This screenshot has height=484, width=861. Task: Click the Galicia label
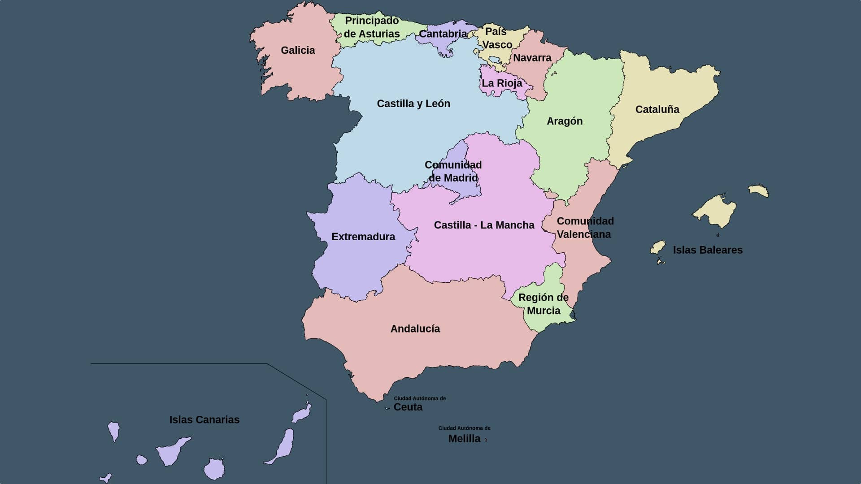[298, 50]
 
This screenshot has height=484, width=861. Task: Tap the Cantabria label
[443, 34]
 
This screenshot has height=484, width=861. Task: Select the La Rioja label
[502, 83]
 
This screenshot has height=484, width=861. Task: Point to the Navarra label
[532, 58]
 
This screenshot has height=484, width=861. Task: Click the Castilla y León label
[413, 104]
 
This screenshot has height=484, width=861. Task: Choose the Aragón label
[564, 121]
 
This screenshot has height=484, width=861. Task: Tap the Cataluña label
[657, 109]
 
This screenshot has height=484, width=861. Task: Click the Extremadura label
[363, 237]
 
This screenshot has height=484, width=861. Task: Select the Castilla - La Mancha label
[484, 225]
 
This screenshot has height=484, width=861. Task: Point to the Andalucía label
[415, 329]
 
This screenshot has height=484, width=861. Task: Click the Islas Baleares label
[708, 250]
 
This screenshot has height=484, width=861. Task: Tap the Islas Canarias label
[204, 420]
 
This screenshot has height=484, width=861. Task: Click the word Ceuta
[408, 407]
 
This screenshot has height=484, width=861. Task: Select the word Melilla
[464, 439]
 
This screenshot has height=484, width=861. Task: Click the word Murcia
[544, 311]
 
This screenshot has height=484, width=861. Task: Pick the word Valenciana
[583, 234]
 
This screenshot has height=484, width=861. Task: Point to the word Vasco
[497, 45]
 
